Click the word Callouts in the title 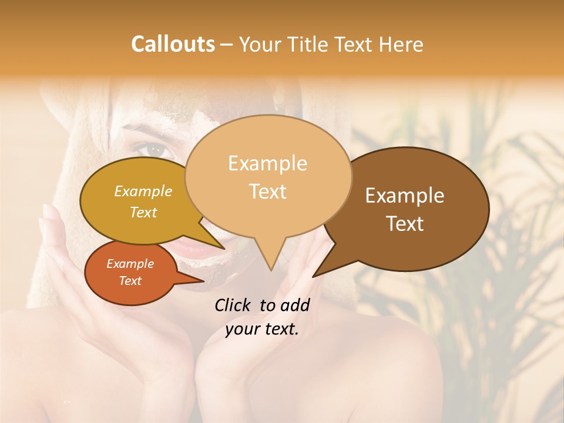pos(173,44)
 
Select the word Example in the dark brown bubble pos(405,196)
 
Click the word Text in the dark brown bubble pos(405,224)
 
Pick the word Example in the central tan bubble pos(267,163)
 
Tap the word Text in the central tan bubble pos(267,192)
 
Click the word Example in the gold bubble pos(143,191)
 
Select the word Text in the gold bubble pos(143,212)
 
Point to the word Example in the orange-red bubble pos(130,264)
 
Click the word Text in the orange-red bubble pos(130,281)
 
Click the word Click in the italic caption pos(234,305)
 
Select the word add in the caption pos(296,305)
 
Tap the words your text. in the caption pos(262,329)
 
